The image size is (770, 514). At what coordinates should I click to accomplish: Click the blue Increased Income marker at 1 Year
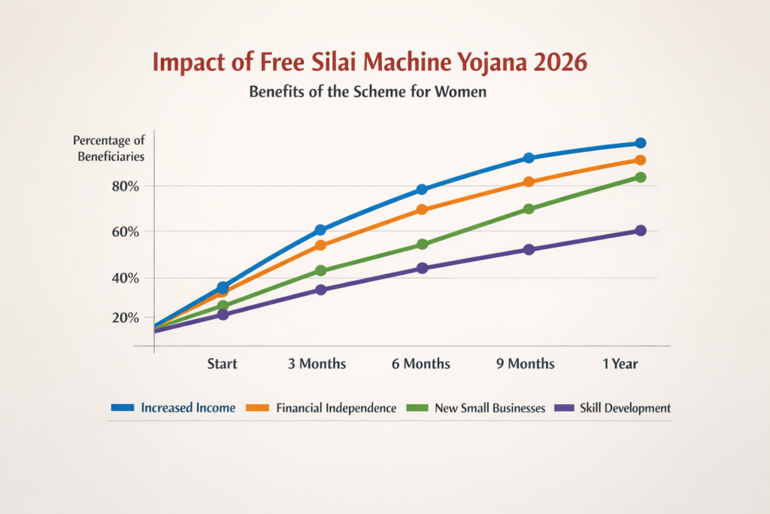[x=640, y=143]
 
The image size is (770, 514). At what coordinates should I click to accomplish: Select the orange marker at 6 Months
[x=422, y=209]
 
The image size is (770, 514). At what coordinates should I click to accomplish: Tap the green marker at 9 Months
[x=529, y=208]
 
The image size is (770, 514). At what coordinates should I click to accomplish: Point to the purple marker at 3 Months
[x=320, y=290]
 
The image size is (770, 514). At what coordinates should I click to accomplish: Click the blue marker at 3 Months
[x=320, y=230]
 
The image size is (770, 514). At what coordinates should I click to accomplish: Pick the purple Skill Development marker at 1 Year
[x=640, y=230]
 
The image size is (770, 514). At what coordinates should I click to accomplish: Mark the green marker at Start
[x=223, y=306]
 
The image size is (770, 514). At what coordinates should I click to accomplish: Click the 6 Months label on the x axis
[x=421, y=364]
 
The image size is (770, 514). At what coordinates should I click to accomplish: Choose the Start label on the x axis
[x=223, y=364]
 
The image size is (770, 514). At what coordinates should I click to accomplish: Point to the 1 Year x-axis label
[x=620, y=364]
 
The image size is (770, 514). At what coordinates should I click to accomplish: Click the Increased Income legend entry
[x=188, y=408]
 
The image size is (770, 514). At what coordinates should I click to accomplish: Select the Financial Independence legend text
[x=336, y=408]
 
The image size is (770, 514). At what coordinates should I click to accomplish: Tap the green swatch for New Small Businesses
[x=417, y=408]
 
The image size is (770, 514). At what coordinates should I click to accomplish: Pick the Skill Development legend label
[x=625, y=408]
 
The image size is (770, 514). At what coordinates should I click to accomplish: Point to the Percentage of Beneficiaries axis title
[x=109, y=148]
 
